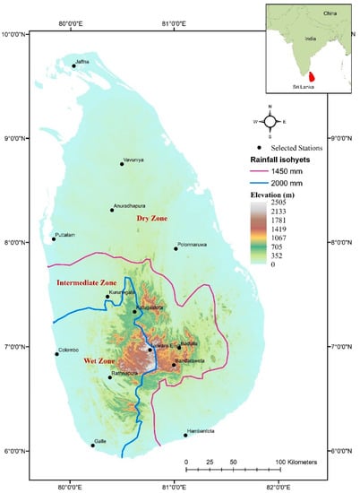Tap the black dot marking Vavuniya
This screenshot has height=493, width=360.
point(122,163)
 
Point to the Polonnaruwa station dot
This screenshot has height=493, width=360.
point(176,249)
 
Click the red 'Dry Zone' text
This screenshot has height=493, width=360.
point(152,218)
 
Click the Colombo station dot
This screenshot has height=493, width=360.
point(56,354)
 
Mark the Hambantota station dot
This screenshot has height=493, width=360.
point(185,436)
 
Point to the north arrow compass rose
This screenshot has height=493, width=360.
point(270,120)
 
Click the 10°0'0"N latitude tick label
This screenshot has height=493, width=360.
point(15,33)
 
